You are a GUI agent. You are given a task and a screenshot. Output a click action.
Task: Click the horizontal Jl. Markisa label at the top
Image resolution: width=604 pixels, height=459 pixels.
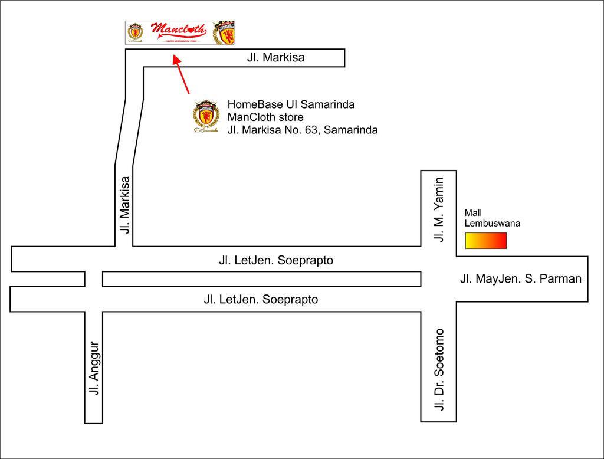[275, 58]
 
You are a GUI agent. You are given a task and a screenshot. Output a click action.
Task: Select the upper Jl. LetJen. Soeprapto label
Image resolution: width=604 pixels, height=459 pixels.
[276, 260]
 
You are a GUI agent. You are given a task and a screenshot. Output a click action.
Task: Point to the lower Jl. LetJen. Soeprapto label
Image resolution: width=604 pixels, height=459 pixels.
[261, 300]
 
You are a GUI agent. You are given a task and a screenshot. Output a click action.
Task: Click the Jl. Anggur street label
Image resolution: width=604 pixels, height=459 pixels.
[94, 368]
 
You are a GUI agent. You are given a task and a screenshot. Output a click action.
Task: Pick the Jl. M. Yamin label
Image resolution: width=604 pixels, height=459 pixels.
[438, 209]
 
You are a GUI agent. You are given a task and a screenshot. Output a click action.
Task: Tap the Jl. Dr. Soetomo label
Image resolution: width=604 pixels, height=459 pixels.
[438, 369]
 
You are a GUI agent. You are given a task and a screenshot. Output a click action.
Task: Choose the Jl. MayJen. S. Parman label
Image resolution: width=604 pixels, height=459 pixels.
[521, 279]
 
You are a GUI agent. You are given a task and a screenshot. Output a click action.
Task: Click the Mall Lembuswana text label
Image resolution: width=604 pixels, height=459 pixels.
[492, 218]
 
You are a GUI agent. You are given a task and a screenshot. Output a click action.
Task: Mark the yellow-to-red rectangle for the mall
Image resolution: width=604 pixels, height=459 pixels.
[485, 241]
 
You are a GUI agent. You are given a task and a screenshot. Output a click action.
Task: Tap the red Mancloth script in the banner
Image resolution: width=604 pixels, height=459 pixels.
[179, 29]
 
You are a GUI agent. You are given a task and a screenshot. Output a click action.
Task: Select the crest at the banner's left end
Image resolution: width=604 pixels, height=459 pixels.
[136, 32]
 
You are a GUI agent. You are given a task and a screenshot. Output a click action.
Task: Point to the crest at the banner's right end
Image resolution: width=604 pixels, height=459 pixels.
[225, 32]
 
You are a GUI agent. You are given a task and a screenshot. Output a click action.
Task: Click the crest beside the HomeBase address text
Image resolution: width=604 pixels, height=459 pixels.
[206, 116]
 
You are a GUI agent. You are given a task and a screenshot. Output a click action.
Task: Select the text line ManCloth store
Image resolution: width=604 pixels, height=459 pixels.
[265, 117]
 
